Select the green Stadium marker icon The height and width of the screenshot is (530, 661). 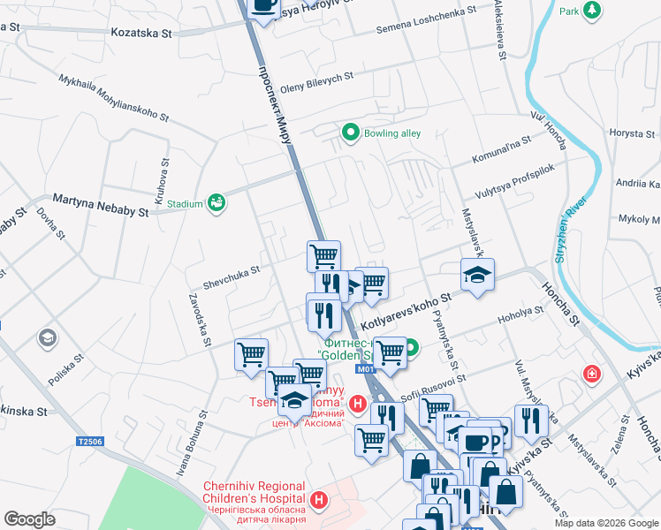point(216,204)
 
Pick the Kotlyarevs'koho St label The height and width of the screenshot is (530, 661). point(406,312)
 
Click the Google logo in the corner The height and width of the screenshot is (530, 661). point(29,519)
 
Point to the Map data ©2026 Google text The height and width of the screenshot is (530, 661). point(606,523)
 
